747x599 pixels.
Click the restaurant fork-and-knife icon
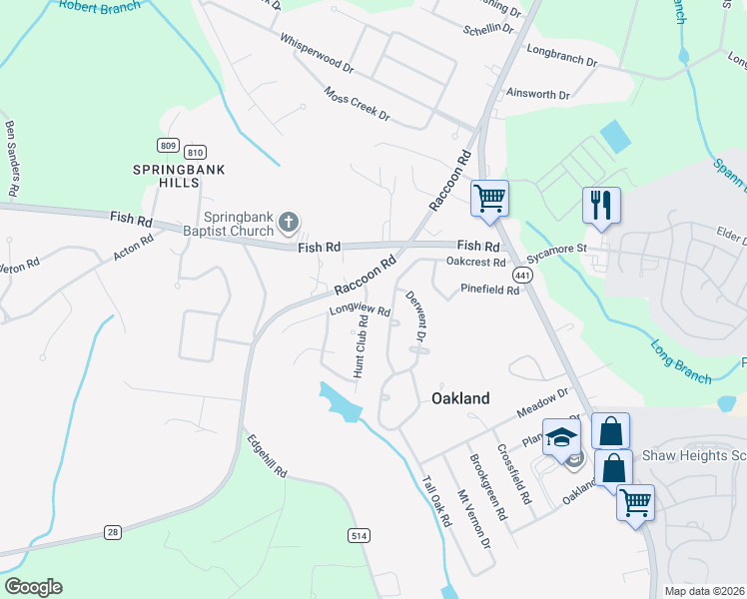pos(601,206)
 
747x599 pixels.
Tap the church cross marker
pos(289,222)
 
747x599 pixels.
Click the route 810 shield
pos(196,152)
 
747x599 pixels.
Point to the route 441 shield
pos(523,274)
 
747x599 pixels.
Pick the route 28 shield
pos(113,532)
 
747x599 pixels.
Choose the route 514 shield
pos(361,536)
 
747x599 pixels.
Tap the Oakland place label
pos(460,398)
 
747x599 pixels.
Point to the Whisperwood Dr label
pos(318,55)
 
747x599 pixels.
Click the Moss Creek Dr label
pos(357,103)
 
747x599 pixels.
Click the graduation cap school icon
pos(562,436)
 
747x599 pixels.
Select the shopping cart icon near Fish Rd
pos(489,198)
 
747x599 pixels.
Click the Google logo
pos(33,587)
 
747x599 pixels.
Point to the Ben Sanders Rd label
pos(13,158)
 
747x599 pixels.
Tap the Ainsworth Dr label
pos(537,95)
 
